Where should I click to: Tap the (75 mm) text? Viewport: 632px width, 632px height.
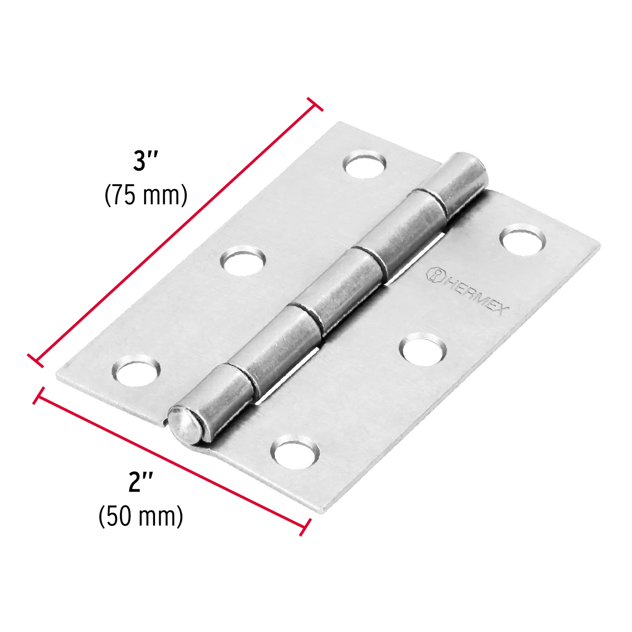click(146, 195)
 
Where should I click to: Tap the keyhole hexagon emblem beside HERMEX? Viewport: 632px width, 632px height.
click(435, 275)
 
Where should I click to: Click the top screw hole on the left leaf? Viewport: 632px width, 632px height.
click(366, 164)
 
